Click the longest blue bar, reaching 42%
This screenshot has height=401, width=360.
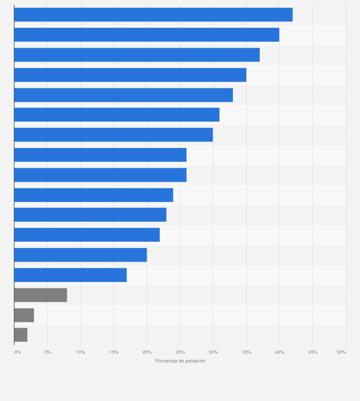[153, 15]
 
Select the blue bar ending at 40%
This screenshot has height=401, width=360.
[147, 35]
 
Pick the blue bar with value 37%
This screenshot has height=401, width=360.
[137, 55]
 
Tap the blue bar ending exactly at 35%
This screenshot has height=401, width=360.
[130, 75]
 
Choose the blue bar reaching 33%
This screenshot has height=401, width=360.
[123, 95]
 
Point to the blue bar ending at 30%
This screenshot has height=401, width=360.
[113, 135]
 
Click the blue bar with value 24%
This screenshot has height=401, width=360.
[94, 195]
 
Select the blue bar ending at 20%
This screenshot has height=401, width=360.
[80, 255]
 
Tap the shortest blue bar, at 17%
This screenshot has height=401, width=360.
[70, 275]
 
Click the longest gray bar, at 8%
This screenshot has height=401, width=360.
[41, 295]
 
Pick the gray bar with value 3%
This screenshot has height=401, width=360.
[24, 315]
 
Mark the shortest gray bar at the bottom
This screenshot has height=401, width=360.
[21, 335]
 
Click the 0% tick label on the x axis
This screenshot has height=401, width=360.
[18, 352]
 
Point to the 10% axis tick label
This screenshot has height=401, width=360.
[81, 352]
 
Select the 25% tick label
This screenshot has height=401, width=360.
[180, 352]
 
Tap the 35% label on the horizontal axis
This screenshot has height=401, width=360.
[246, 352]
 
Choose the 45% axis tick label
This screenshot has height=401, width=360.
[313, 352]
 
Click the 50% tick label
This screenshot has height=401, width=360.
[341, 352]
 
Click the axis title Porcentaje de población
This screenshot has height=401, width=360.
[180, 361]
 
